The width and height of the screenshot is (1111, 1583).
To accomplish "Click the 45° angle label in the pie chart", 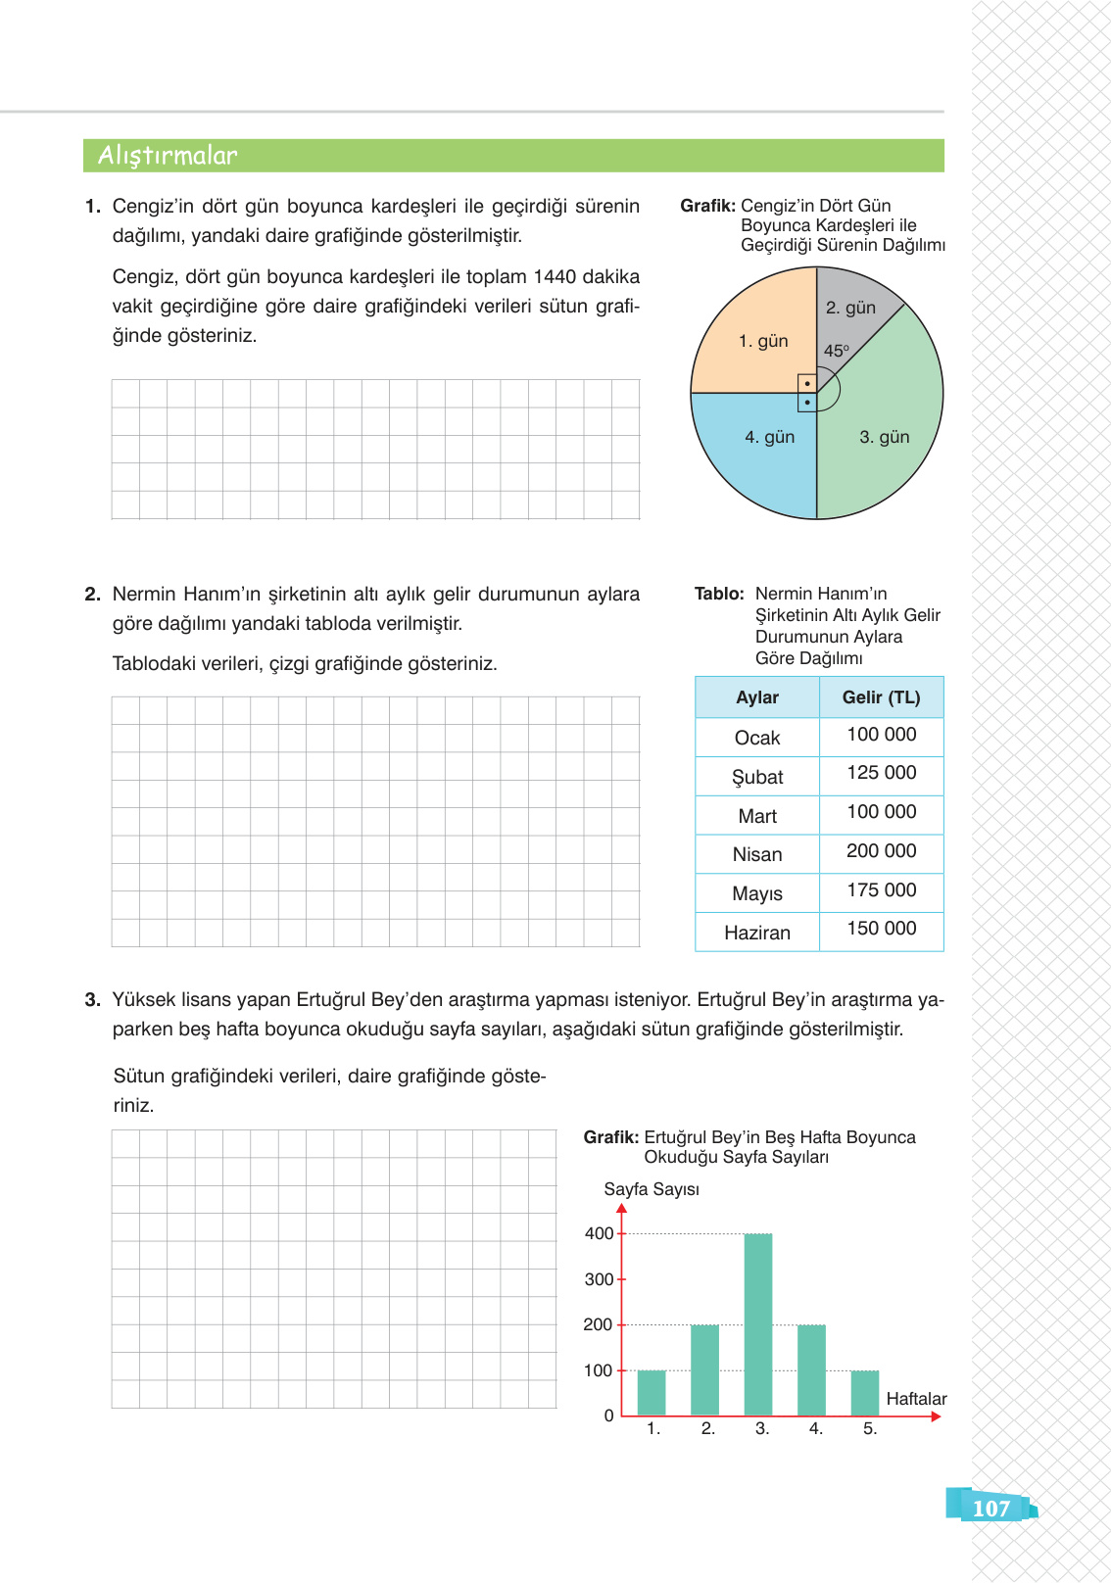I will [836, 351].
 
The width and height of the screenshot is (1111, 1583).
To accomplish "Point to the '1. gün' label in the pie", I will [763, 341].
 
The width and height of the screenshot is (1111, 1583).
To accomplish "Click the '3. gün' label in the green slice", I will [884, 437].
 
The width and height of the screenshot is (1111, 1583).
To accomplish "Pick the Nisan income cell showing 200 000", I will [881, 851].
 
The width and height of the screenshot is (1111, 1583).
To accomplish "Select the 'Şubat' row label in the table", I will [757, 778].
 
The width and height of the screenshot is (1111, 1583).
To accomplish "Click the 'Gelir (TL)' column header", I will [881, 697].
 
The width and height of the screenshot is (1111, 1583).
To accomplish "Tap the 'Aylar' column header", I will [757, 697].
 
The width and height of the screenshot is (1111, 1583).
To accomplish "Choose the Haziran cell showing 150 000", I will [881, 929].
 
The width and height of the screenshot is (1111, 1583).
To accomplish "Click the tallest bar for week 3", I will [758, 1322].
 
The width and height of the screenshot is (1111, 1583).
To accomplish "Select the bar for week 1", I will [652, 1392].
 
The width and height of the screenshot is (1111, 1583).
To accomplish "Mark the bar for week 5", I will [865, 1392].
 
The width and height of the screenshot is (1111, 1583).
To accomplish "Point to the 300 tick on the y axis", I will [599, 1279].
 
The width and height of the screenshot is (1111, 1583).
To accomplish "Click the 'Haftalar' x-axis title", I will [916, 1399].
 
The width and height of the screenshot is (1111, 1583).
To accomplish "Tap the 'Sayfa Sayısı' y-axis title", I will [652, 1189].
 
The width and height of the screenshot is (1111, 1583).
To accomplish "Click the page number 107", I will [991, 1509].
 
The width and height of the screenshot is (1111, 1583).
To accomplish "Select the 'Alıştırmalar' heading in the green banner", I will [168, 156].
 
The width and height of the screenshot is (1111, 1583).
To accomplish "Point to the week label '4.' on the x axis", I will [816, 1429].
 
